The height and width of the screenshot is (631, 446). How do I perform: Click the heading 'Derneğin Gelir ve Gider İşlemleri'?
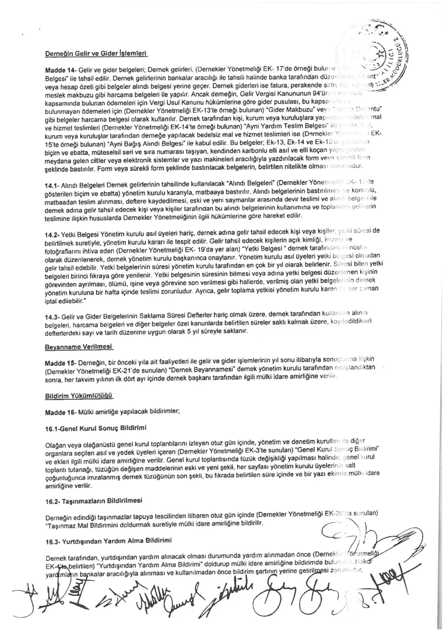[x=97, y=53]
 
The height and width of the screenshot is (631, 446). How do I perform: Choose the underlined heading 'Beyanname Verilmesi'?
[x=78, y=347]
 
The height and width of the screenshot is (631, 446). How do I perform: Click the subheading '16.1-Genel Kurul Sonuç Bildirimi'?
[x=95, y=428]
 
